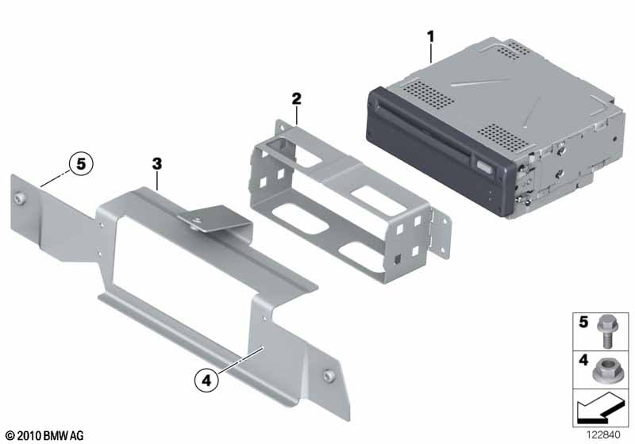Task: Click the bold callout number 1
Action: pos(430,36)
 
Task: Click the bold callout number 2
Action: pos(297,98)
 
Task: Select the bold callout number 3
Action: pos(156,164)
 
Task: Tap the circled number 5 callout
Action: pos(81,164)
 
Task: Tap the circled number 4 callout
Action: pos(206,380)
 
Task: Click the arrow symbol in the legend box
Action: pos(600,408)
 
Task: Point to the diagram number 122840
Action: pos(603,434)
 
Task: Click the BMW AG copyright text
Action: pos(45,436)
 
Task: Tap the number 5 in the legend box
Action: pos(583,322)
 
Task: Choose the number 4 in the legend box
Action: pos(583,359)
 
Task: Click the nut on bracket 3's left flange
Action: pos(18,197)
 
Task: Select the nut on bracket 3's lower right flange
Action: pos(328,376)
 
